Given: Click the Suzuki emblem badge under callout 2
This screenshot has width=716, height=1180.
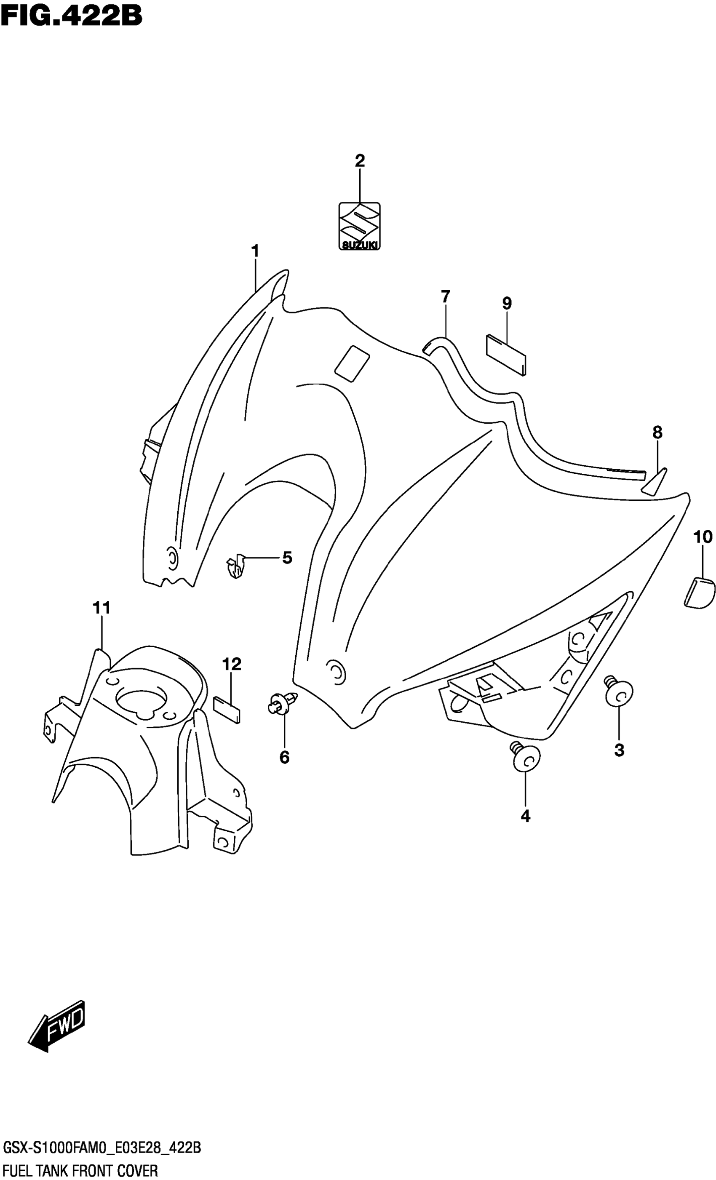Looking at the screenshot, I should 359,226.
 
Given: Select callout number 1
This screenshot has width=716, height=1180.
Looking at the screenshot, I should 255,251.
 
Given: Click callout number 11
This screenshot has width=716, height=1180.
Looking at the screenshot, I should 102,608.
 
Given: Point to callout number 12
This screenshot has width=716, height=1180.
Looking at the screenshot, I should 231,664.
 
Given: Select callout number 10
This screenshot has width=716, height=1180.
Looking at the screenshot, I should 703,537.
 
